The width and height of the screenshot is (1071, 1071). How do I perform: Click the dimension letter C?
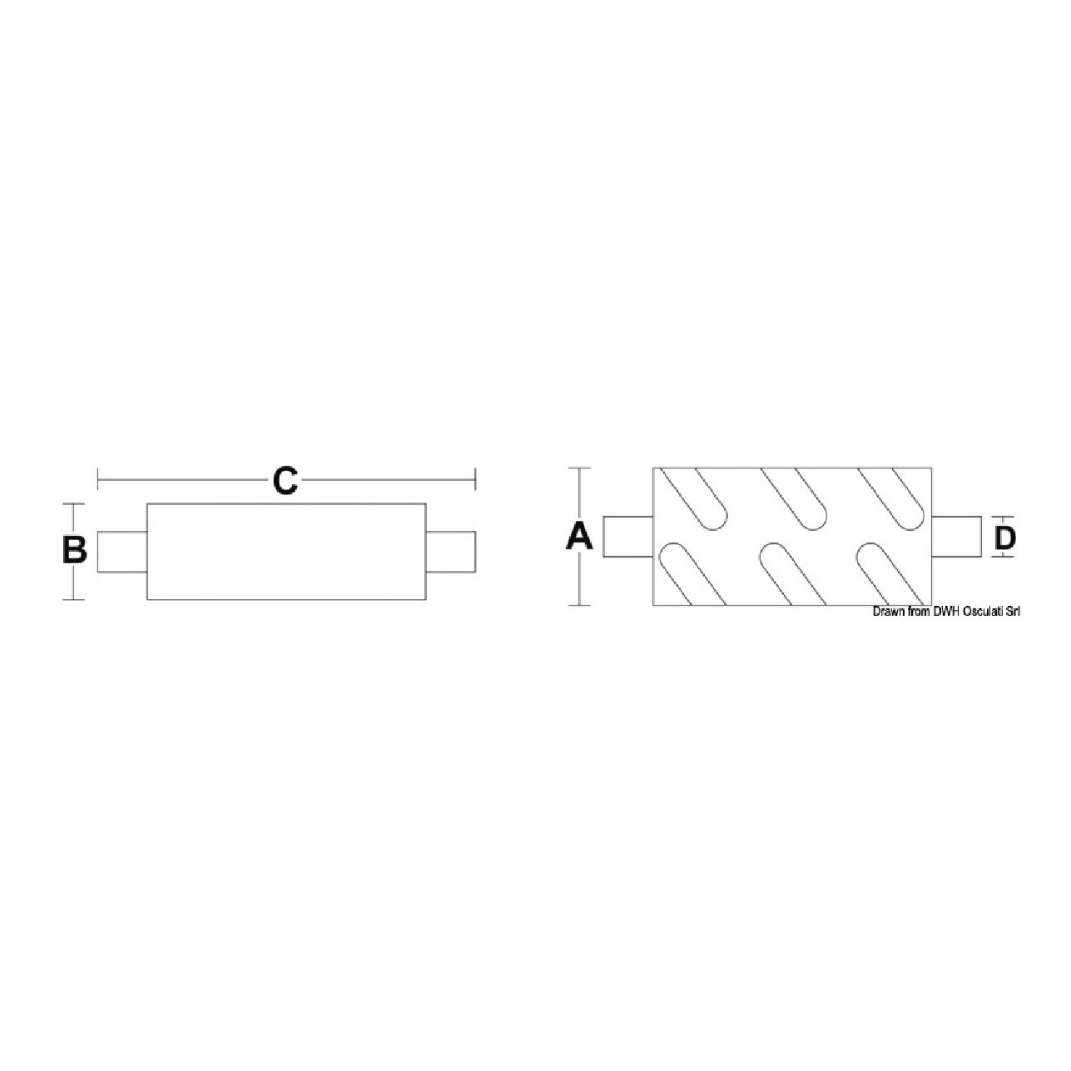(285, 481)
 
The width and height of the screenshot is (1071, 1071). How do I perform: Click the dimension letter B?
(74, 550)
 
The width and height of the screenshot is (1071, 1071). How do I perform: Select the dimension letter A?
(578, 537)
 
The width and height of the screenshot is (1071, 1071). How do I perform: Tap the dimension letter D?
(1005, 538)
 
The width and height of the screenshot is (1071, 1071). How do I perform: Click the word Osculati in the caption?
(979, 612)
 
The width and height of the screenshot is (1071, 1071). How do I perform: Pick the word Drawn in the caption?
(885, 612)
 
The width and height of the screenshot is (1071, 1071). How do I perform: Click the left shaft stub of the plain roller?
(122, 552)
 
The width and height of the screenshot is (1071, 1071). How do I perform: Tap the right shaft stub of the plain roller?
(451, 552)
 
